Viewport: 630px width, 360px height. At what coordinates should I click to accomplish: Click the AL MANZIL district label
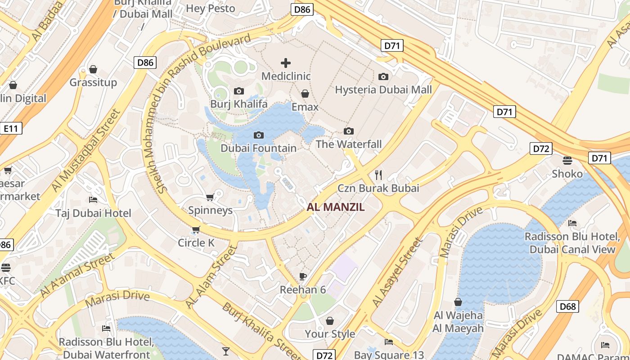click(335, 207)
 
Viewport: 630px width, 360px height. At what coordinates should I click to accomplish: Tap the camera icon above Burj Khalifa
click(239, 91)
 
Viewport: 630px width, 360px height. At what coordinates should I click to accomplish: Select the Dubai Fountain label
click(258, 148)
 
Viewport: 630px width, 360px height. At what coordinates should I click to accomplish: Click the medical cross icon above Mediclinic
click(286, 63)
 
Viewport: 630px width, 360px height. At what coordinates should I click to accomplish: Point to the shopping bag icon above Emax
click(305, 94)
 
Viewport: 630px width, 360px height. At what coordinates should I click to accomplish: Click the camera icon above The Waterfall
click(348, 131)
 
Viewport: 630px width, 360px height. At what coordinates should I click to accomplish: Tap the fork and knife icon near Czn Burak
click(378, 175)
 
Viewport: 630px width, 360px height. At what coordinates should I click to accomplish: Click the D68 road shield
click(567, 307)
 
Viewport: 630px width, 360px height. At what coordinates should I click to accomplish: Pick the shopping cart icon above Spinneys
click(210, 197)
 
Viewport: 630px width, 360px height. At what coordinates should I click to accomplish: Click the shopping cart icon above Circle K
click(196, 230)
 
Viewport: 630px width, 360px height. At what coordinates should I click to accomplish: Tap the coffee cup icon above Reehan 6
click(303, 276)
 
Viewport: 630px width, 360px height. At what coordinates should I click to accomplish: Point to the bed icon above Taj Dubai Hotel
click(93, 200)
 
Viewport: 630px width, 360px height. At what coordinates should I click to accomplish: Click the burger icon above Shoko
click(567, 161)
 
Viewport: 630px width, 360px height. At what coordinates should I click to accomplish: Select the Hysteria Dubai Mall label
click(383, 90)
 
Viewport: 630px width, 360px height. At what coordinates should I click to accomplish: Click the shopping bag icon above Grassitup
click(93, 69)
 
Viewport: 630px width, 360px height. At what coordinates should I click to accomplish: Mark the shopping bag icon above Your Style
click(330, 321)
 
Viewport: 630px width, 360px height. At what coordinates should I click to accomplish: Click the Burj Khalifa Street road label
click(261, 331)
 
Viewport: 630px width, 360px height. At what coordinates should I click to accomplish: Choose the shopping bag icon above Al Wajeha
click(458, 302)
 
